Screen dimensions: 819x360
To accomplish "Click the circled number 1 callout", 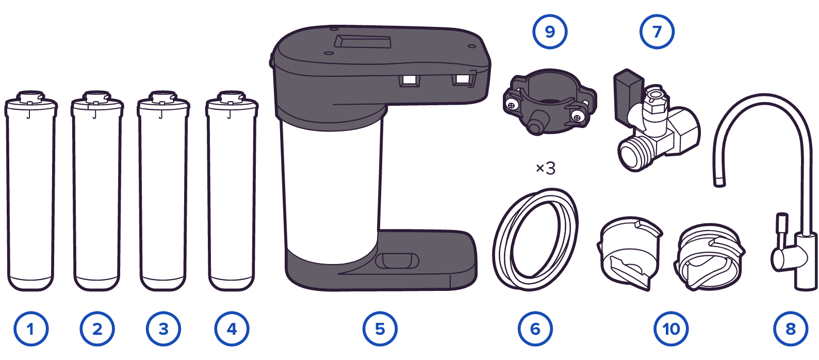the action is tap(31, 329).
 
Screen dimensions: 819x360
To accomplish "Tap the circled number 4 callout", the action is tap(232, 329).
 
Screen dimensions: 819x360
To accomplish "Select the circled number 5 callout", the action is tap(380, 329).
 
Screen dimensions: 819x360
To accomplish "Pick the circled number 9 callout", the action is tap(550, 32).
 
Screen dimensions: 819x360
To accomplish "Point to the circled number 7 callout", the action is tap(657, 32).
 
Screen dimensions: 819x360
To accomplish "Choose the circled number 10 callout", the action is tap(671, 329).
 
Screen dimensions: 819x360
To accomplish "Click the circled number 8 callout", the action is tap(791, 329).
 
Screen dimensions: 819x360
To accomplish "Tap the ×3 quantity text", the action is tap(546, 169).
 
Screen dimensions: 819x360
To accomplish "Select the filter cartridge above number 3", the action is tap(163, 191).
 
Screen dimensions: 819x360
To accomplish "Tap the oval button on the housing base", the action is tap(397, 261).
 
